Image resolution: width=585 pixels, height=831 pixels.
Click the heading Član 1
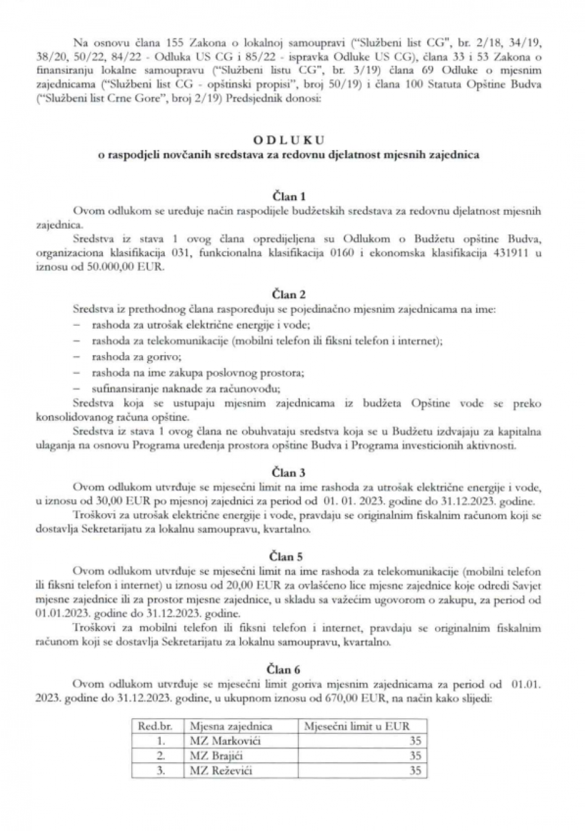click(x=289, y=196)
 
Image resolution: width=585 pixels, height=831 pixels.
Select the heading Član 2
click(x=289, y=295)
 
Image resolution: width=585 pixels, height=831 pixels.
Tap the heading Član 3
click(x=289, y=473)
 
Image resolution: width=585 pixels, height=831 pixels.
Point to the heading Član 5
click(x=289, y=556)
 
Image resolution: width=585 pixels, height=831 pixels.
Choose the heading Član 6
click(x=289, y=670)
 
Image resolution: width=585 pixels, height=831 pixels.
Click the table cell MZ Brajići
click(x=212, y=755)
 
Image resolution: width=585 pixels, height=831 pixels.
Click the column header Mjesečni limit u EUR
click(x=357, y=726)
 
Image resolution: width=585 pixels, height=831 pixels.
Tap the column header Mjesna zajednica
click(x=232, y=726)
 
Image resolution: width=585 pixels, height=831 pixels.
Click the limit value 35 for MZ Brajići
click(x=414, y=755)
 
